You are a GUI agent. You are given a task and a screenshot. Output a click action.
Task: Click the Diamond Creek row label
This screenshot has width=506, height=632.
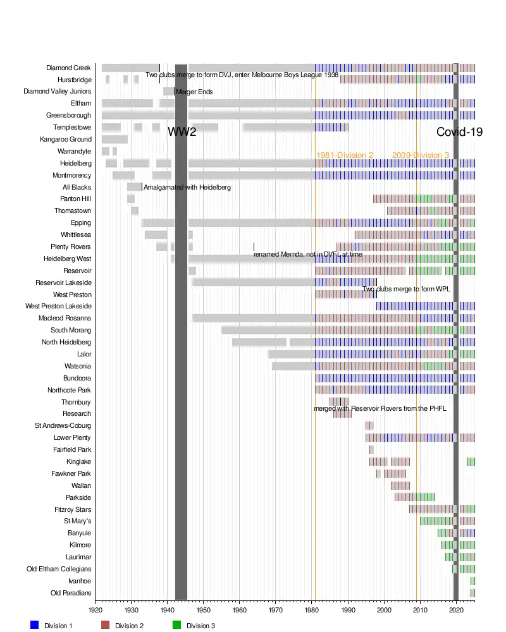pos(69,68)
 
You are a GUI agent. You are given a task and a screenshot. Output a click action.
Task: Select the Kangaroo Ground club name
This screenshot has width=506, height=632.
pos(66,140)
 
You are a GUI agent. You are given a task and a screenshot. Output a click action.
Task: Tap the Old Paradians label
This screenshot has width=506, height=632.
pos(71,593)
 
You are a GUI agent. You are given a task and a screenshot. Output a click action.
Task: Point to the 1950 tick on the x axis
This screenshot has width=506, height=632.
pos(204,611)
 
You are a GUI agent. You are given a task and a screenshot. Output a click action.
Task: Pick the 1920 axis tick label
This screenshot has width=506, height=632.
pos(96,611)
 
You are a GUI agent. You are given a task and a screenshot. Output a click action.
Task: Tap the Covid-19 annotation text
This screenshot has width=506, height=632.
pos(460,132)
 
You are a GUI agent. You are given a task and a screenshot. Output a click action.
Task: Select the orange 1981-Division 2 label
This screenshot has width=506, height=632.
pos(345,155)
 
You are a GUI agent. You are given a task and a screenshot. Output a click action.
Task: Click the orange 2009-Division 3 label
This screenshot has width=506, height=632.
pos(421,155)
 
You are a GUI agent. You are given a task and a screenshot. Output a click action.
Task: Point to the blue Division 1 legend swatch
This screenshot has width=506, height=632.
pos(35,625)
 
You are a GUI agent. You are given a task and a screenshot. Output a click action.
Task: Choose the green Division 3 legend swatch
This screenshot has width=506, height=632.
pos(177,625)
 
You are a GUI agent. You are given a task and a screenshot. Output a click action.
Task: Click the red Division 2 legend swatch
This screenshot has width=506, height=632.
pos(106,625)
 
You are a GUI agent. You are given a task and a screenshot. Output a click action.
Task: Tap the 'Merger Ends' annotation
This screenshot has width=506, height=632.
pos(194,92)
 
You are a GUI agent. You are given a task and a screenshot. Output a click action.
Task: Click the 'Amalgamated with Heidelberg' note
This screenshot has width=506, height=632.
pos(187,188)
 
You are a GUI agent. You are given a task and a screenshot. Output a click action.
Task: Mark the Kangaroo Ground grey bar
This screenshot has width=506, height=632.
pos(114,140)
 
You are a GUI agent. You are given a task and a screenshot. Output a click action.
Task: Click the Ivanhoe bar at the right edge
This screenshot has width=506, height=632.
pos(472,581)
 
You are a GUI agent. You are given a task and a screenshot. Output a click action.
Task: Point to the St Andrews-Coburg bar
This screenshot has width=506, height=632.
pos(369,425)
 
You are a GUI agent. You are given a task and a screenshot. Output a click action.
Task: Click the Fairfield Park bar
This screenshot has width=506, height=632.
pos(371,449)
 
